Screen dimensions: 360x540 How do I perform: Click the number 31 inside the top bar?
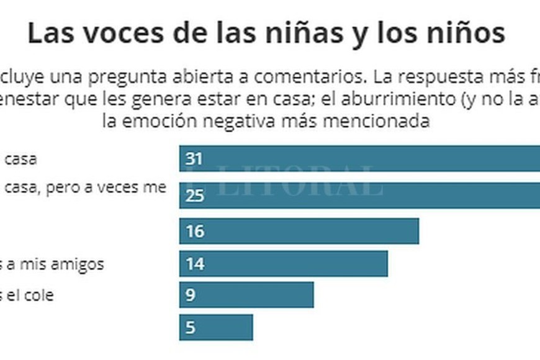(x=194, y=159)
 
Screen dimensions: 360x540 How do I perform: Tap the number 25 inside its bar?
(x=195, y=196)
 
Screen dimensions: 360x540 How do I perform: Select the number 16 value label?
(x=195, y=232)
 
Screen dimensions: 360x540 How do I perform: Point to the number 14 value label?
(x=195, y=264)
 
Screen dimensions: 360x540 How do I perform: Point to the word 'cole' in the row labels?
(x=39, y=295)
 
